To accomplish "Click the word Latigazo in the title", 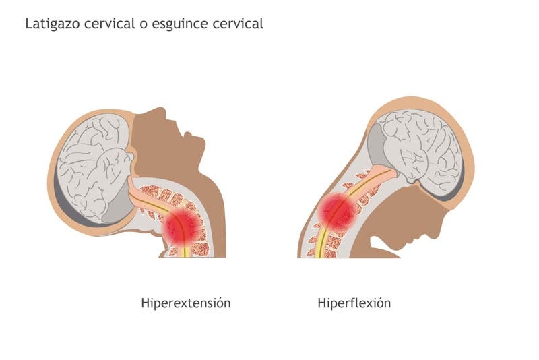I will [51, 24].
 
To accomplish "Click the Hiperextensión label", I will [186, 303].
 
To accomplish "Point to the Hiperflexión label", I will [354, 303].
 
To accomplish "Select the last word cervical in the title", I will [236, 24].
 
